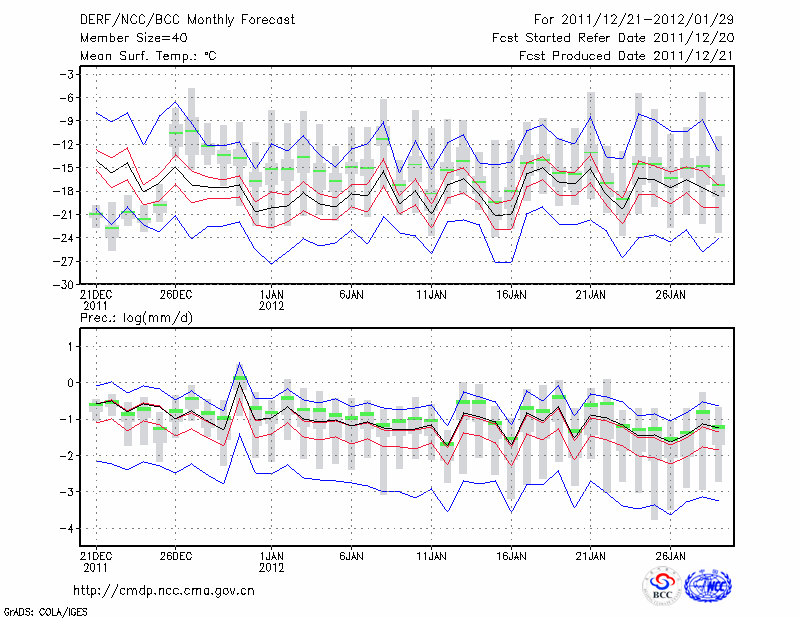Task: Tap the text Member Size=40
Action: [131, 37]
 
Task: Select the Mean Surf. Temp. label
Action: [148, 56]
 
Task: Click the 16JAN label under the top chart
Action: [511, 296]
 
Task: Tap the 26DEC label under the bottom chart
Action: [176, 555]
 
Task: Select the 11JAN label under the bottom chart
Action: [431, 555]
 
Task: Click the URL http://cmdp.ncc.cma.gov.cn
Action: [165, 590]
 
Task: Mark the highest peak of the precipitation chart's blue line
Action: [240, 363]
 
